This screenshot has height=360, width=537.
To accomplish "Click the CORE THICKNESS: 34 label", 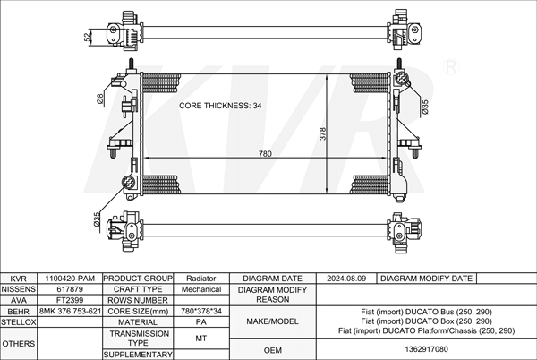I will (219, 106).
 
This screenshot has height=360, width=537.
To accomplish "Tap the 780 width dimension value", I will (265, 154).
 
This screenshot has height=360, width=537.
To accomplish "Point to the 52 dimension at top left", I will (87, 37).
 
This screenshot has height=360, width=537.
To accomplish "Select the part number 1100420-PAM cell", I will (70, 279).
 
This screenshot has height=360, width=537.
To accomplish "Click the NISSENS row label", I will (19, 289).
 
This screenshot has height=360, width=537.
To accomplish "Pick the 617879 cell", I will (70, 289).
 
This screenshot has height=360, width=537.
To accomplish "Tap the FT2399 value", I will (70, 300).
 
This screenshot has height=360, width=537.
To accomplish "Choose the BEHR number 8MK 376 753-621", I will (70, 311).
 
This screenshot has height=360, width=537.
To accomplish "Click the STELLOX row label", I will (19, 321).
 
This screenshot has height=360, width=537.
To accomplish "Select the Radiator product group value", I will (200, 279).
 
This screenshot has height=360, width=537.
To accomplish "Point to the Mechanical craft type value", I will (200, 289).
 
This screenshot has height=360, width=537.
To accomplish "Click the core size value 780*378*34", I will (200, 311).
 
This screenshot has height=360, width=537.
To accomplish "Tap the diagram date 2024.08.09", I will (347, 279).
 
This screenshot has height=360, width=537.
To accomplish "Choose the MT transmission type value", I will (200, 338).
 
